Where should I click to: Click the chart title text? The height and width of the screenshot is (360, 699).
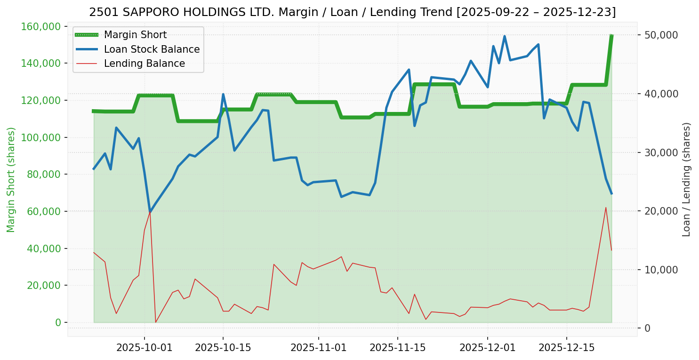point(352,12)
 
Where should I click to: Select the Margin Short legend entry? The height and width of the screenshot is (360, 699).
point(135,35)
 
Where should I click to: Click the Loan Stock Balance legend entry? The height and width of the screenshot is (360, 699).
point(152,49)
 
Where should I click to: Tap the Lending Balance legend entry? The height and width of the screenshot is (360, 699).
point(144,64)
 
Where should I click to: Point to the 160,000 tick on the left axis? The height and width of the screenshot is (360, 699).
point(42,26)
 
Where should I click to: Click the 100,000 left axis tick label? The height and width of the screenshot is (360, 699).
point(42,137)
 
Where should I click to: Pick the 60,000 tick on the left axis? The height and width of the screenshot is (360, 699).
point(44,211)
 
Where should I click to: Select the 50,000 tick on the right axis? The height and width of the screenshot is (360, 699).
point(661,35)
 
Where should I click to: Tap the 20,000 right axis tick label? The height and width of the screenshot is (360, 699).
point(661,211)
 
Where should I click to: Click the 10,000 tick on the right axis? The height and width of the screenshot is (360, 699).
point(661,270)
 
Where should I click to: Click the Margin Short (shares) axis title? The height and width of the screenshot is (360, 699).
point(11,180)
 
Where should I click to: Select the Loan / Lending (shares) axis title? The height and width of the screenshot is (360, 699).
point(686,180)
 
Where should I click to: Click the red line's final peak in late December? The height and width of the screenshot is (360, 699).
point(606,207)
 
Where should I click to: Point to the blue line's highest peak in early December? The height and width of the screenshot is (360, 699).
point(504,36)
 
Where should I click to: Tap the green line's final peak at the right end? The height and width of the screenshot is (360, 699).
point(611,36)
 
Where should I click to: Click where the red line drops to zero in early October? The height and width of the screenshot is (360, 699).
point(155,322)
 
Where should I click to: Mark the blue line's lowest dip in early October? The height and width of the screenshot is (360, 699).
point(150,212)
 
